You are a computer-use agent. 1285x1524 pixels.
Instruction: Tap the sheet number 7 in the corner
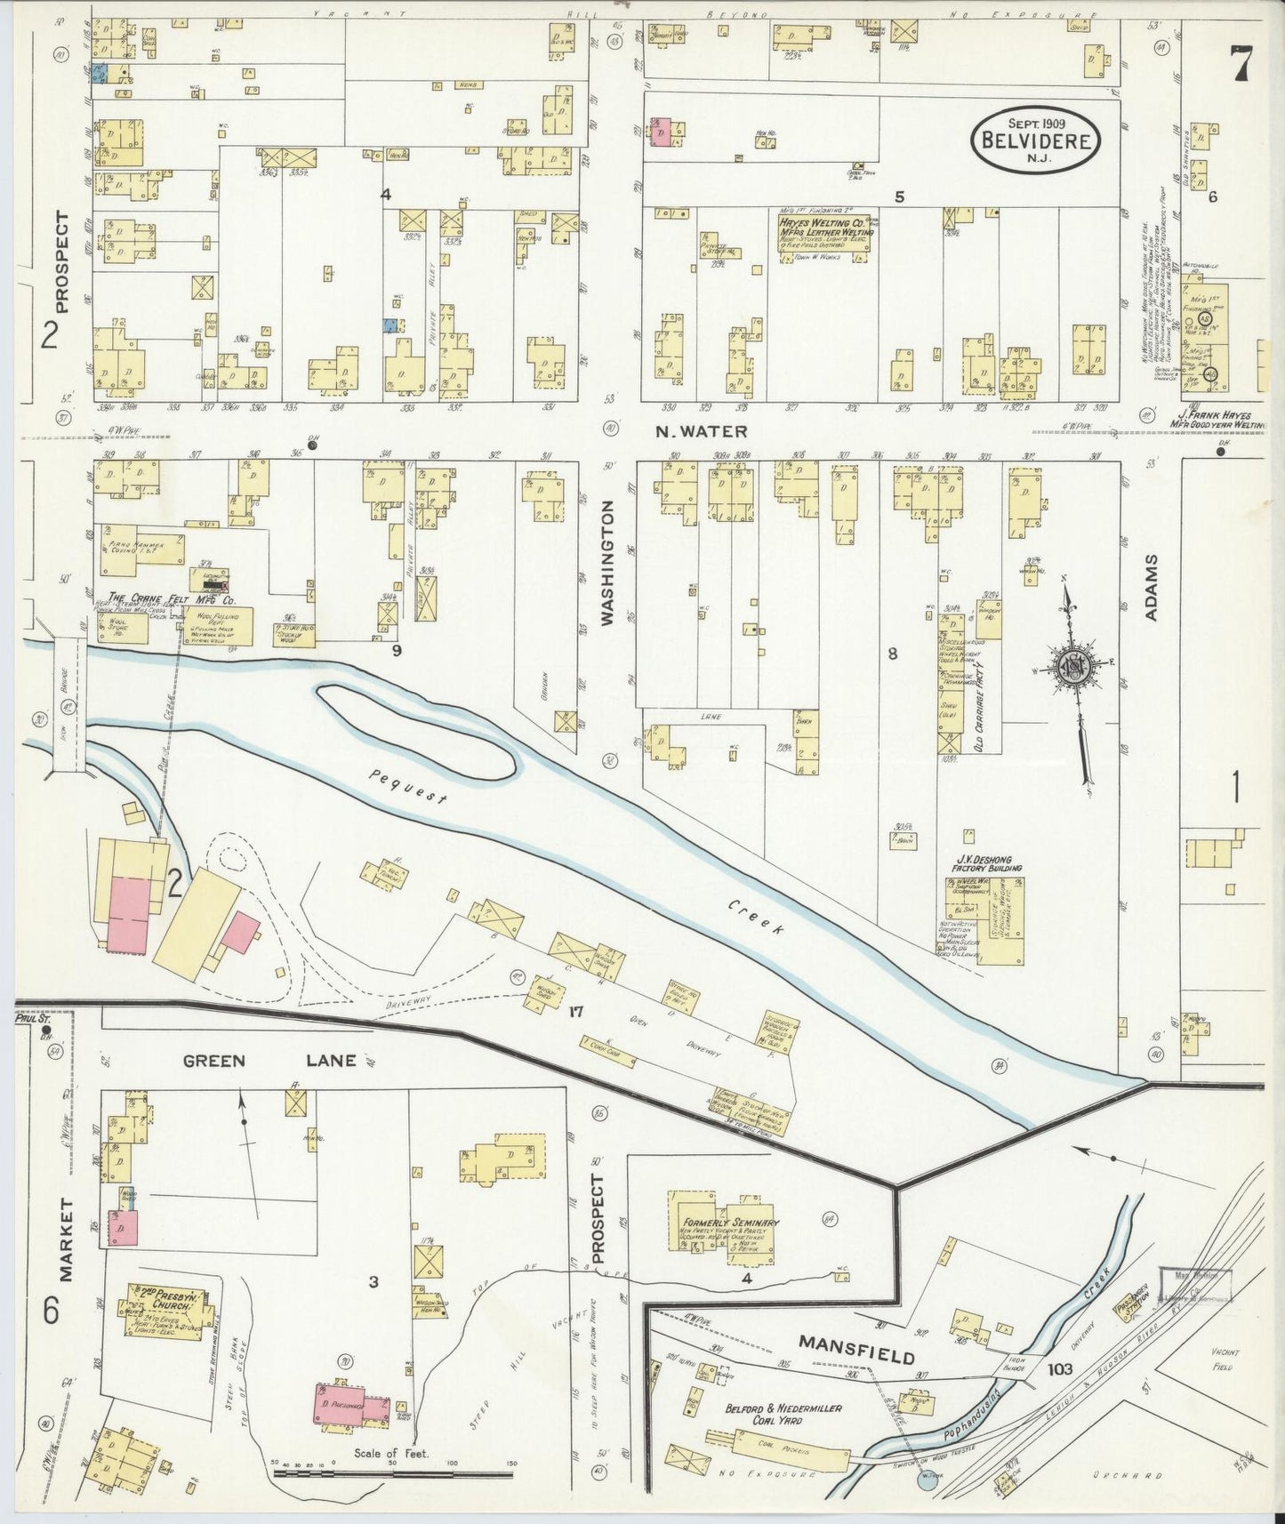click(1241, 63)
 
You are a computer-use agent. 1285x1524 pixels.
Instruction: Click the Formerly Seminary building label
click(732, 1223)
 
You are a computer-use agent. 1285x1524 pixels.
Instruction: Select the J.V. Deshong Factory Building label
click(984, 862)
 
